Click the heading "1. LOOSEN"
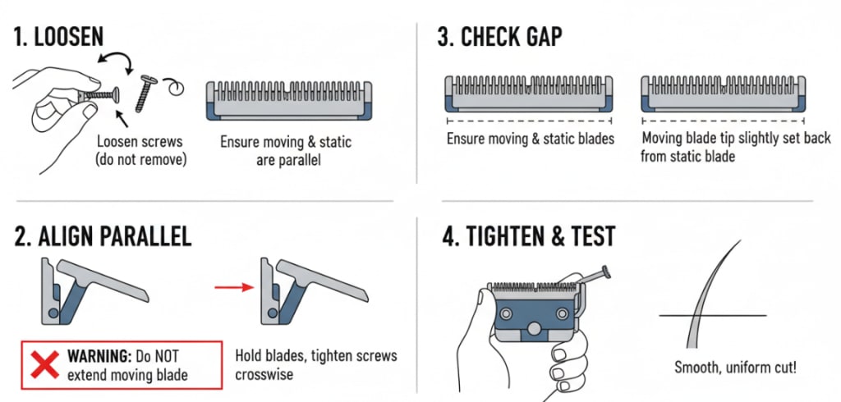58,38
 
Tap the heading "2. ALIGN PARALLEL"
103,236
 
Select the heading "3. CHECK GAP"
500,38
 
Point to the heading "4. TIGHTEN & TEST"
528,235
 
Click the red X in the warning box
44,364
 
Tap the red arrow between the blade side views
234,288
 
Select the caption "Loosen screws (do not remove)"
140,151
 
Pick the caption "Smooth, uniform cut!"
735,368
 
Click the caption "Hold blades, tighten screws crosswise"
316,364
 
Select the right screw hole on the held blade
561,313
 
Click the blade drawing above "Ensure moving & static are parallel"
289,100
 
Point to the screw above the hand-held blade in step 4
593,277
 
